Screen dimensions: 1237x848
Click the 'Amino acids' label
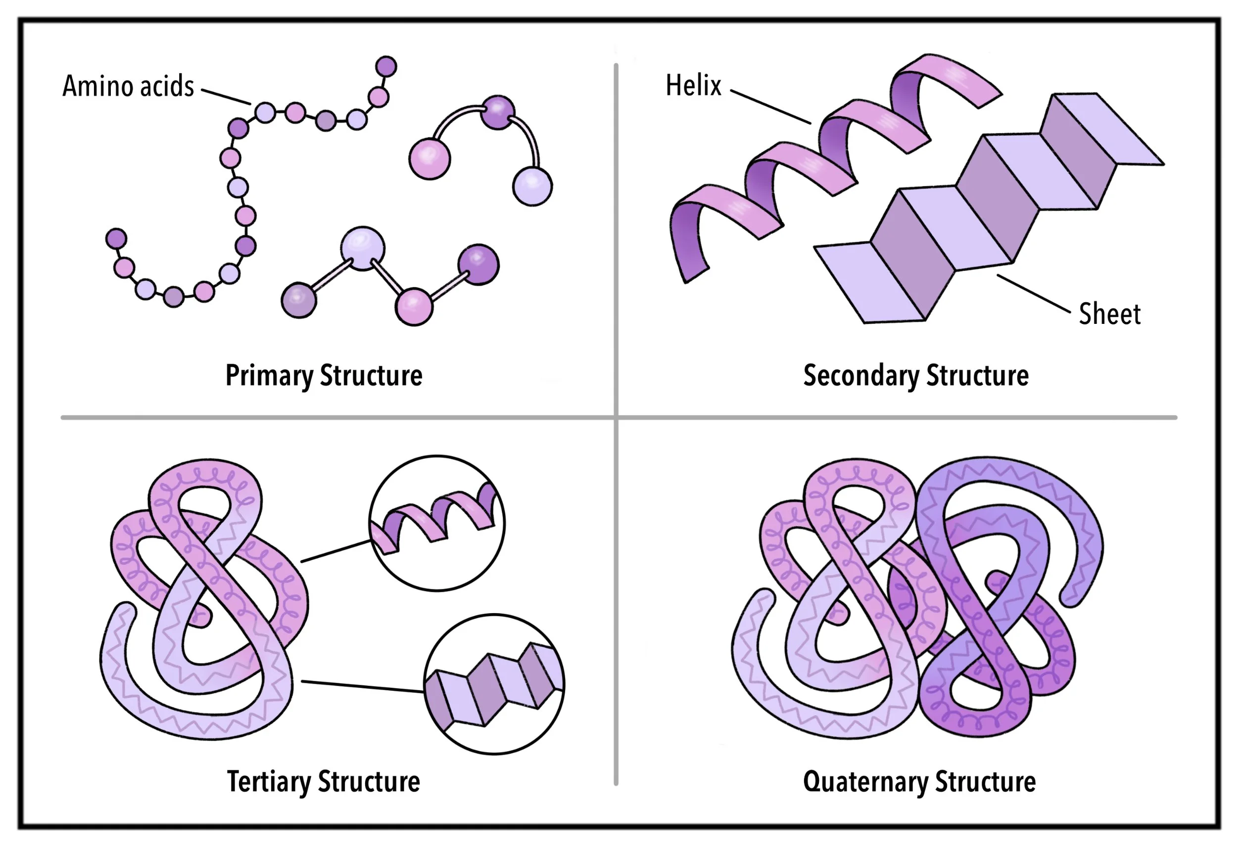tap(128, 86)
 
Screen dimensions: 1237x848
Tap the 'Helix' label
tap(693, 86)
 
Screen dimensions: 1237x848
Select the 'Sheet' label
tap(1109, 314)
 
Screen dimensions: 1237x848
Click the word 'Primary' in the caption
tap(268, 376)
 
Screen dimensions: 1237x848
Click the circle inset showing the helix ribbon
tap(437, 523)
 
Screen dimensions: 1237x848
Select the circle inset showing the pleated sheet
tap(494, 684)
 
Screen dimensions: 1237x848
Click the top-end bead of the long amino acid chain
tap(386, 66)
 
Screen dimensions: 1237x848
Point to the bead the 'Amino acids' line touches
tap(265, 113)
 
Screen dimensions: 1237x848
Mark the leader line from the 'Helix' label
tap(770, 106)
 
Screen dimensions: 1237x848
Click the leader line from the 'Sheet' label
tap(1034, 293)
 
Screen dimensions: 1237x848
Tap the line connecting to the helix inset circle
tap(335, 551)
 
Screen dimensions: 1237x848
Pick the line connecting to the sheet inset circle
tap(362, 686)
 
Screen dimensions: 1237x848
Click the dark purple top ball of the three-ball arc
tap(497, 112)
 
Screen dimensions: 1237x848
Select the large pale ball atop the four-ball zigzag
tap(363, 248)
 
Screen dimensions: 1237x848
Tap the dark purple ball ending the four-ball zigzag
tap(478, 265)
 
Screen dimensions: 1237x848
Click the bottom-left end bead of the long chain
tap(116, 238)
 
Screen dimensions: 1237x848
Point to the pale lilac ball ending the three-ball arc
tap(532, 186)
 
